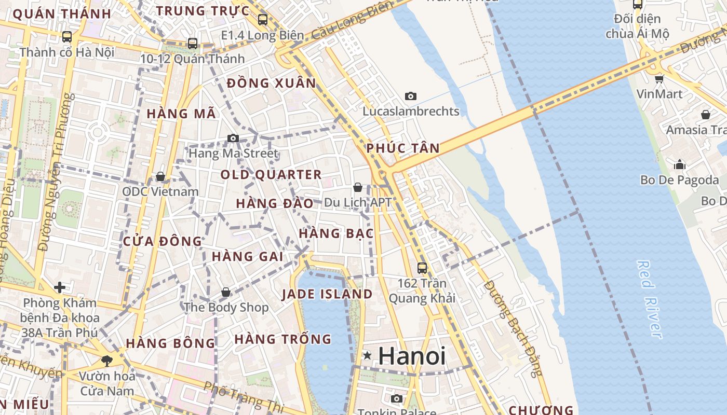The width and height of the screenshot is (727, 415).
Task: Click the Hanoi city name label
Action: (x=412, y=356)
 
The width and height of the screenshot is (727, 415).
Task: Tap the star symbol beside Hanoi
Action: (x=368, y=355)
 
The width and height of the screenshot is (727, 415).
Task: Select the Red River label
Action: (x=649, y=299)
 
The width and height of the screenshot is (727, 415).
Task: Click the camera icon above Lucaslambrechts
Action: (x=411, y=96)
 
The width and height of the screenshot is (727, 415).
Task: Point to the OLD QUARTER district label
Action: (x=271, y=174)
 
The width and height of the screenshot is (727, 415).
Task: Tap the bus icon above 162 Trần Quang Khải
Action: (x=422, y=268)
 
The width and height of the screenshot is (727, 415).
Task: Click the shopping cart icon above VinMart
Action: (x=659, y=79)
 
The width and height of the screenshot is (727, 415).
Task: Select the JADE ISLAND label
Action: (x=327, y=294)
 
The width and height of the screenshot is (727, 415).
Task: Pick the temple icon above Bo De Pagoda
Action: (x=679, y=165)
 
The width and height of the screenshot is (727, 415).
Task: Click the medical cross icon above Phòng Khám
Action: (x=60, y=287)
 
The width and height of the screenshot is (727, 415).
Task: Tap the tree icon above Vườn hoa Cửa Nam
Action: (x=107, y=359)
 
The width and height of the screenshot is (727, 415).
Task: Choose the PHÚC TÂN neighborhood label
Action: (x=403, y=148)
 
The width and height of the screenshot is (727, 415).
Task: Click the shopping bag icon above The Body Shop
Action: (x=226, y=292)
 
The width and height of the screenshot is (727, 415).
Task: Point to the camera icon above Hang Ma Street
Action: (x=233, y=138)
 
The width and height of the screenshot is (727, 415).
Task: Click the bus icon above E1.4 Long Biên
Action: (x=262, y=20)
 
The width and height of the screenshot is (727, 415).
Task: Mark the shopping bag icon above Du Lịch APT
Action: (x=358, y=187)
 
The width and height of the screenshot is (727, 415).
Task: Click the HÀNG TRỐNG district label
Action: (x=283, y=339)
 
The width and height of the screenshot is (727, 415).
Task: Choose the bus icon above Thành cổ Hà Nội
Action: (x=67, y=37)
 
